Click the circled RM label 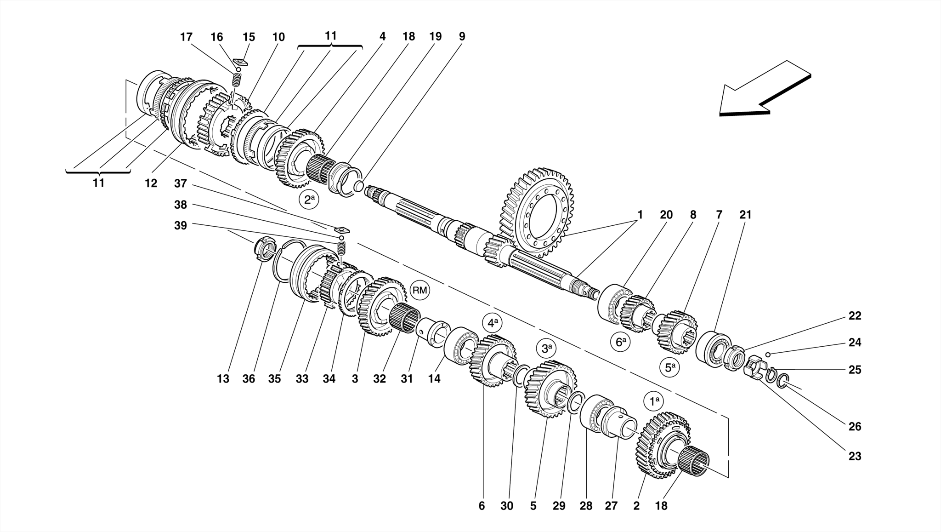point(419,290)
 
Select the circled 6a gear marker point(621,342)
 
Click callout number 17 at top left point(186,37)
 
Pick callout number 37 point(181,183)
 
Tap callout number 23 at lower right point(855,456)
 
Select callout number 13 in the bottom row point(223,379)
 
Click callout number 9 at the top point(462,36)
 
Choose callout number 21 point(745,214)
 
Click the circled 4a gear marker point(492,323)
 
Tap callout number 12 point(151,183)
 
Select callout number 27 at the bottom point(611,506)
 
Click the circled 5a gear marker point(670,368)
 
